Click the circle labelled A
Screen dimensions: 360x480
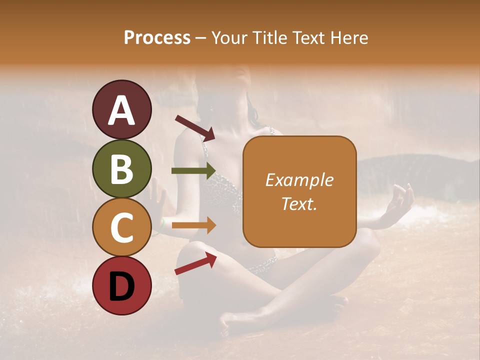(x=122, y=109)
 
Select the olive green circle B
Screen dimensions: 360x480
(x=122, y=168)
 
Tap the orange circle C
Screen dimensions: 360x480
(x=122, y=227)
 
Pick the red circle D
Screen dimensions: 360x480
(x=122, y=285)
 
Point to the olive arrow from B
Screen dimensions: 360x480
(x=193, y=171)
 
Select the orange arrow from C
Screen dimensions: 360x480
(x=193, y=225)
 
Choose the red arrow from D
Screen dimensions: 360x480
(x=195, y=263)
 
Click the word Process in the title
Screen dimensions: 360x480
(x=157, y=37)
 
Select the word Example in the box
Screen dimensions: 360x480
(x=299, y=180)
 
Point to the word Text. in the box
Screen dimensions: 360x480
(x=299, y=203)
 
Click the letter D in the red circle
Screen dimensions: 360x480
(x=122, y=286)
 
